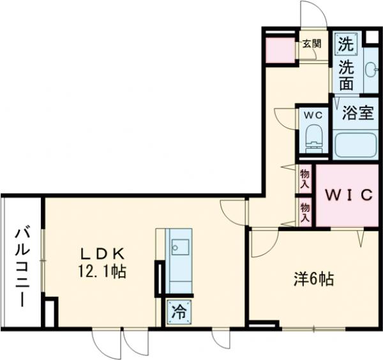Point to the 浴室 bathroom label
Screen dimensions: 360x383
pyautogui.click(x=357, y=114)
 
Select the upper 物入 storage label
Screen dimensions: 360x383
pyautogui.click(x=305, y=177)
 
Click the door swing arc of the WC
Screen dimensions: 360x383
pyautogui.click(x=285, y=119)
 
